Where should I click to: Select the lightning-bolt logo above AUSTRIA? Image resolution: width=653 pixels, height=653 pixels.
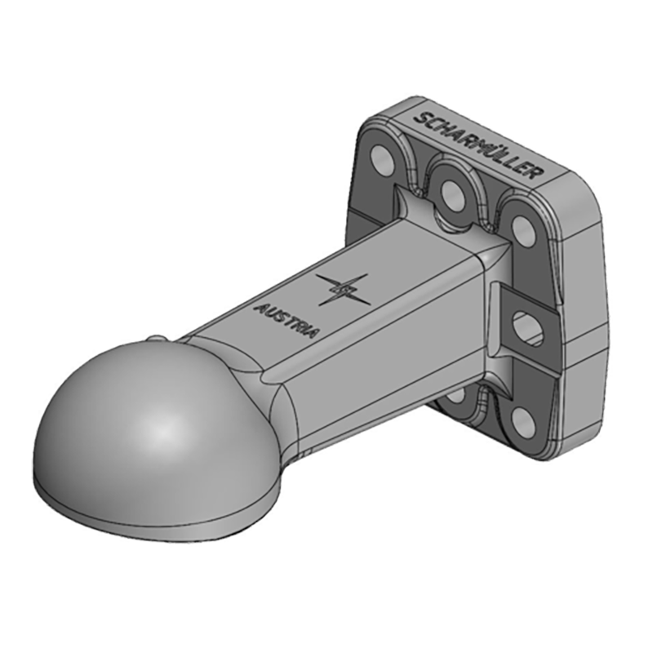[343, 290]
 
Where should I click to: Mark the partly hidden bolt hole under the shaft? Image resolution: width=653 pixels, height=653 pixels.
[457, 397]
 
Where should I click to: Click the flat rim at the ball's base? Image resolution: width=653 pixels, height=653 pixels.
[147, 510]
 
